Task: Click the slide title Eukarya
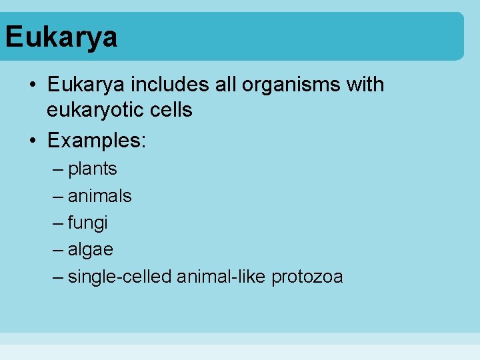click(61, 37)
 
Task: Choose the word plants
click(92, 169)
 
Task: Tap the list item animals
click(99, 196)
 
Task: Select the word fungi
click(87, 223)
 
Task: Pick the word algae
click(90, 250)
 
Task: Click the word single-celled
click(119, 277)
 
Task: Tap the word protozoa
click(307, 277)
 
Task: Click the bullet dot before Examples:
click(32, 141)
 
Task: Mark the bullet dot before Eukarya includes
click(32, 85)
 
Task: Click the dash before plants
click(59, 169)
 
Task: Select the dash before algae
click(59, 250)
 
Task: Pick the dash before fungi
click(59, 223)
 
